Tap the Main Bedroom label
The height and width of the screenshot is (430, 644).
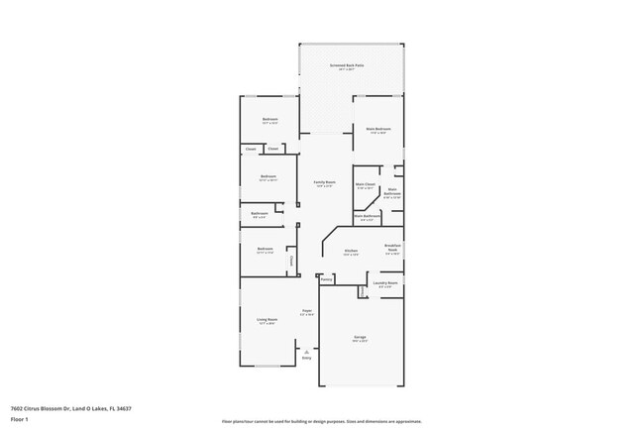tap(377, 129)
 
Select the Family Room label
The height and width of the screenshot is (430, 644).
tap(324, 182)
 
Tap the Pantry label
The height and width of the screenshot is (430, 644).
tap(326, 280)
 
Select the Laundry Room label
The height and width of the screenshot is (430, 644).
tap(385, 283)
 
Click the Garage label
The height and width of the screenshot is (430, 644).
tap(360, 337)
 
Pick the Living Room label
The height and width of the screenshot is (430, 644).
tap(268, 319)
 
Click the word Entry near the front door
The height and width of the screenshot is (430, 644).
tap(306, 358)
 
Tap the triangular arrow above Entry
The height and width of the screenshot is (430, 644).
tap(306, 351)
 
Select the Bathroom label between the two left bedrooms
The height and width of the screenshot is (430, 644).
tap(260, 213)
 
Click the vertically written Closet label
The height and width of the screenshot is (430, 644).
tap(291, 261)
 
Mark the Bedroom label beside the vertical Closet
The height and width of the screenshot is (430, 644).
tap(265, 249)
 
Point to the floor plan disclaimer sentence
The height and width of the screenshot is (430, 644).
tap(321, 423)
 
